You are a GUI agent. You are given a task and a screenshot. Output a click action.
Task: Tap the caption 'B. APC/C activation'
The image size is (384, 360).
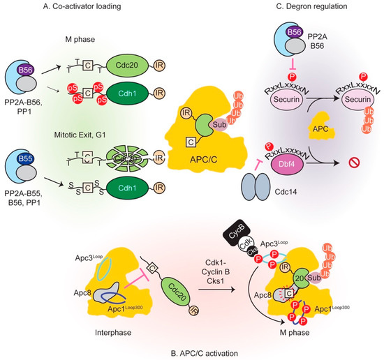[193, 353]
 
